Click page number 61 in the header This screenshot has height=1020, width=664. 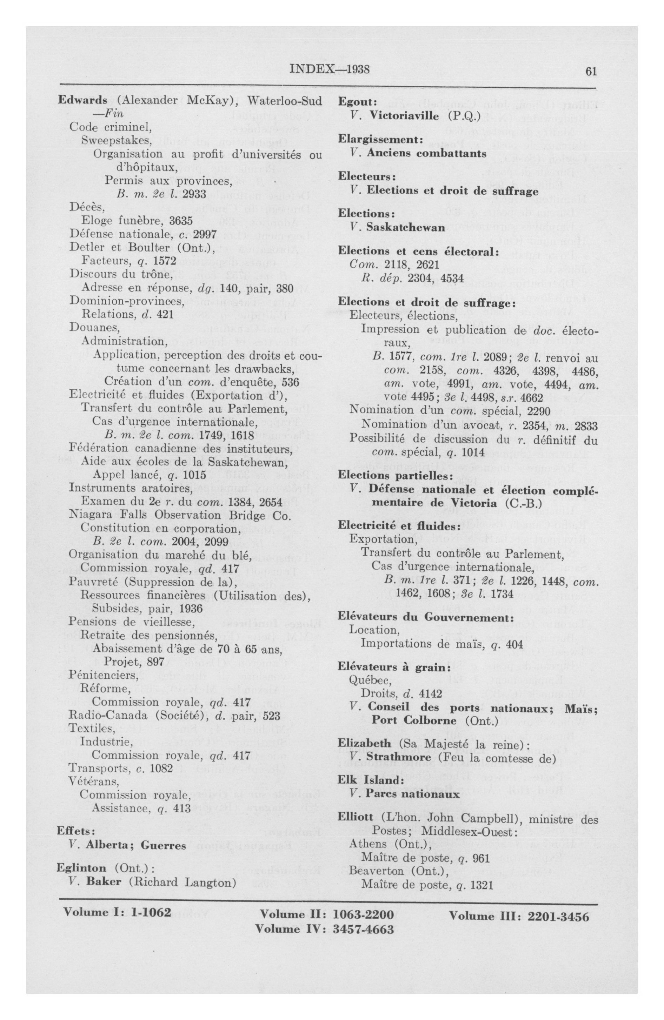click(591, 72)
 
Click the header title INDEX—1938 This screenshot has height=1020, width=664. click(330, 69)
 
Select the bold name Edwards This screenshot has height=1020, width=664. click(82, 100)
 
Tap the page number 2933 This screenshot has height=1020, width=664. click(194, 194)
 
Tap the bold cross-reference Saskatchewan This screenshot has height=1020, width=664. click(405, 228)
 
